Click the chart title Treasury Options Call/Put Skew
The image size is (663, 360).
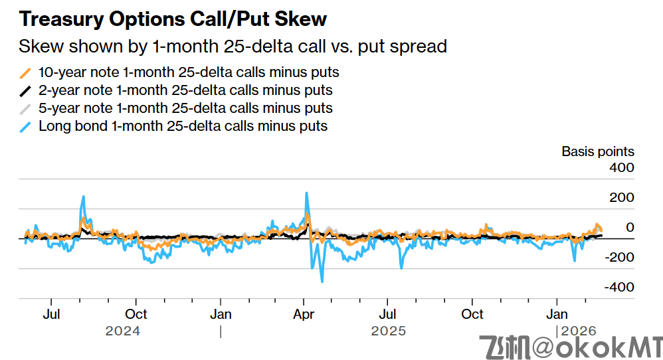click(173, 19)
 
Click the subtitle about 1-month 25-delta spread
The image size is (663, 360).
click(233, 46)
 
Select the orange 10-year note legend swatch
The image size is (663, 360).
click(26, 72)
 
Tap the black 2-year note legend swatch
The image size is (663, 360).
click(26, 90)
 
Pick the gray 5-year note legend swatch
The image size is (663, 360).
click(26, 108)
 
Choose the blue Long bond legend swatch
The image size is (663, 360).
click(26, 126)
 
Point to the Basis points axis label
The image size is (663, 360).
click(597, 151)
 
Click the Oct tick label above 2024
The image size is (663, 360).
click(136, 314)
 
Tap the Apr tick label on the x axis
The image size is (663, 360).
click(304, 314)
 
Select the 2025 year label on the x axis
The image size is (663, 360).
click(388, 330)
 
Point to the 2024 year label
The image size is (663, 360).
click(123, 330)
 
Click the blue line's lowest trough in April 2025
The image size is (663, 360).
click(322, 282)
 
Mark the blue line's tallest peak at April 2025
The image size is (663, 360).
click(306, 193)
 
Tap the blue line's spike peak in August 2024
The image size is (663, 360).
click(84, 197)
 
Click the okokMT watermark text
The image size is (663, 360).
click(571, 346)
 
